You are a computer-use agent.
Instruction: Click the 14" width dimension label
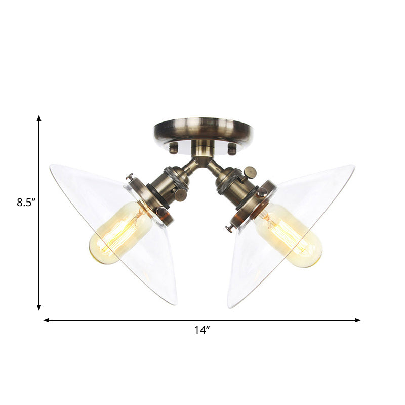tap(201, 330)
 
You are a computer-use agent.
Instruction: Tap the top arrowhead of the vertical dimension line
tap(39, 118)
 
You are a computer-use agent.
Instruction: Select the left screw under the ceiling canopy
tap(174, 148)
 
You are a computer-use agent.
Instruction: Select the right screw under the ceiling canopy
tap(232, 149)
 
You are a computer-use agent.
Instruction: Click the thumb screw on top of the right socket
tap(249, 172)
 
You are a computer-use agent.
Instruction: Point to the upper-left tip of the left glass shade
tap(51, 166)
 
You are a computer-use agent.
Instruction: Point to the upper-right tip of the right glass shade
tap(353, 167)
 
